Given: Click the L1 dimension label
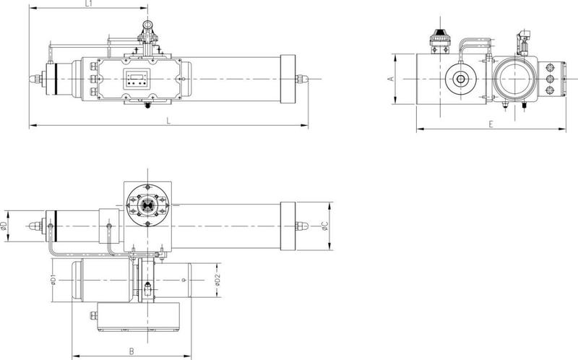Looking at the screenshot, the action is point(88,4).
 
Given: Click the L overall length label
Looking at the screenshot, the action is point(168,121).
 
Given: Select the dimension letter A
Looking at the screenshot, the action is point(392,79).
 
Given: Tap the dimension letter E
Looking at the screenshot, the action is point(491,124).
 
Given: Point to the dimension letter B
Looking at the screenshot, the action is point(131,351).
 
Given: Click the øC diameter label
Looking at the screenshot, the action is point(324,226).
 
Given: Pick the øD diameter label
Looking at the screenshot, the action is point(4,226).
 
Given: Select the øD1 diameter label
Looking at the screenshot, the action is point(53,280).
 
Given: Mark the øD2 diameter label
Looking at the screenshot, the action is point(217,280).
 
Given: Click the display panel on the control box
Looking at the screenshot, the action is point(137,79).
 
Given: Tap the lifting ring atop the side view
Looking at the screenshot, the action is point(148,25).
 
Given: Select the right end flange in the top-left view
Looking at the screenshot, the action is point(288,79).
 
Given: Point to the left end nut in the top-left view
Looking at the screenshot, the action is point(35,79).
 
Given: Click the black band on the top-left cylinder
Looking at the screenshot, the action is point(56,79).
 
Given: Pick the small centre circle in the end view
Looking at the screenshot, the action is point(460,79).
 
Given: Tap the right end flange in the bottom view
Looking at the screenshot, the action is point(288,226).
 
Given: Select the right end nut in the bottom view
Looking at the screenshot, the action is point(301,226).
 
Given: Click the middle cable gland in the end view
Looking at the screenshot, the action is point(550,79).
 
